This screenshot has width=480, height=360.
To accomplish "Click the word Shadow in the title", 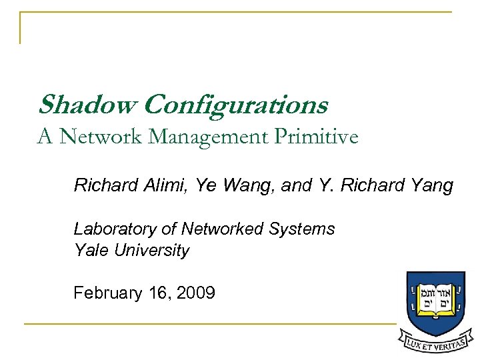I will coord(87,105).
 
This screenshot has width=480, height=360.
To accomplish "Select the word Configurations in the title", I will coord(235,106).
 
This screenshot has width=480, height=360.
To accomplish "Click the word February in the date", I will coord(105,293).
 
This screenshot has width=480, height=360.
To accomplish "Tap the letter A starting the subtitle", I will coord(45,137).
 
